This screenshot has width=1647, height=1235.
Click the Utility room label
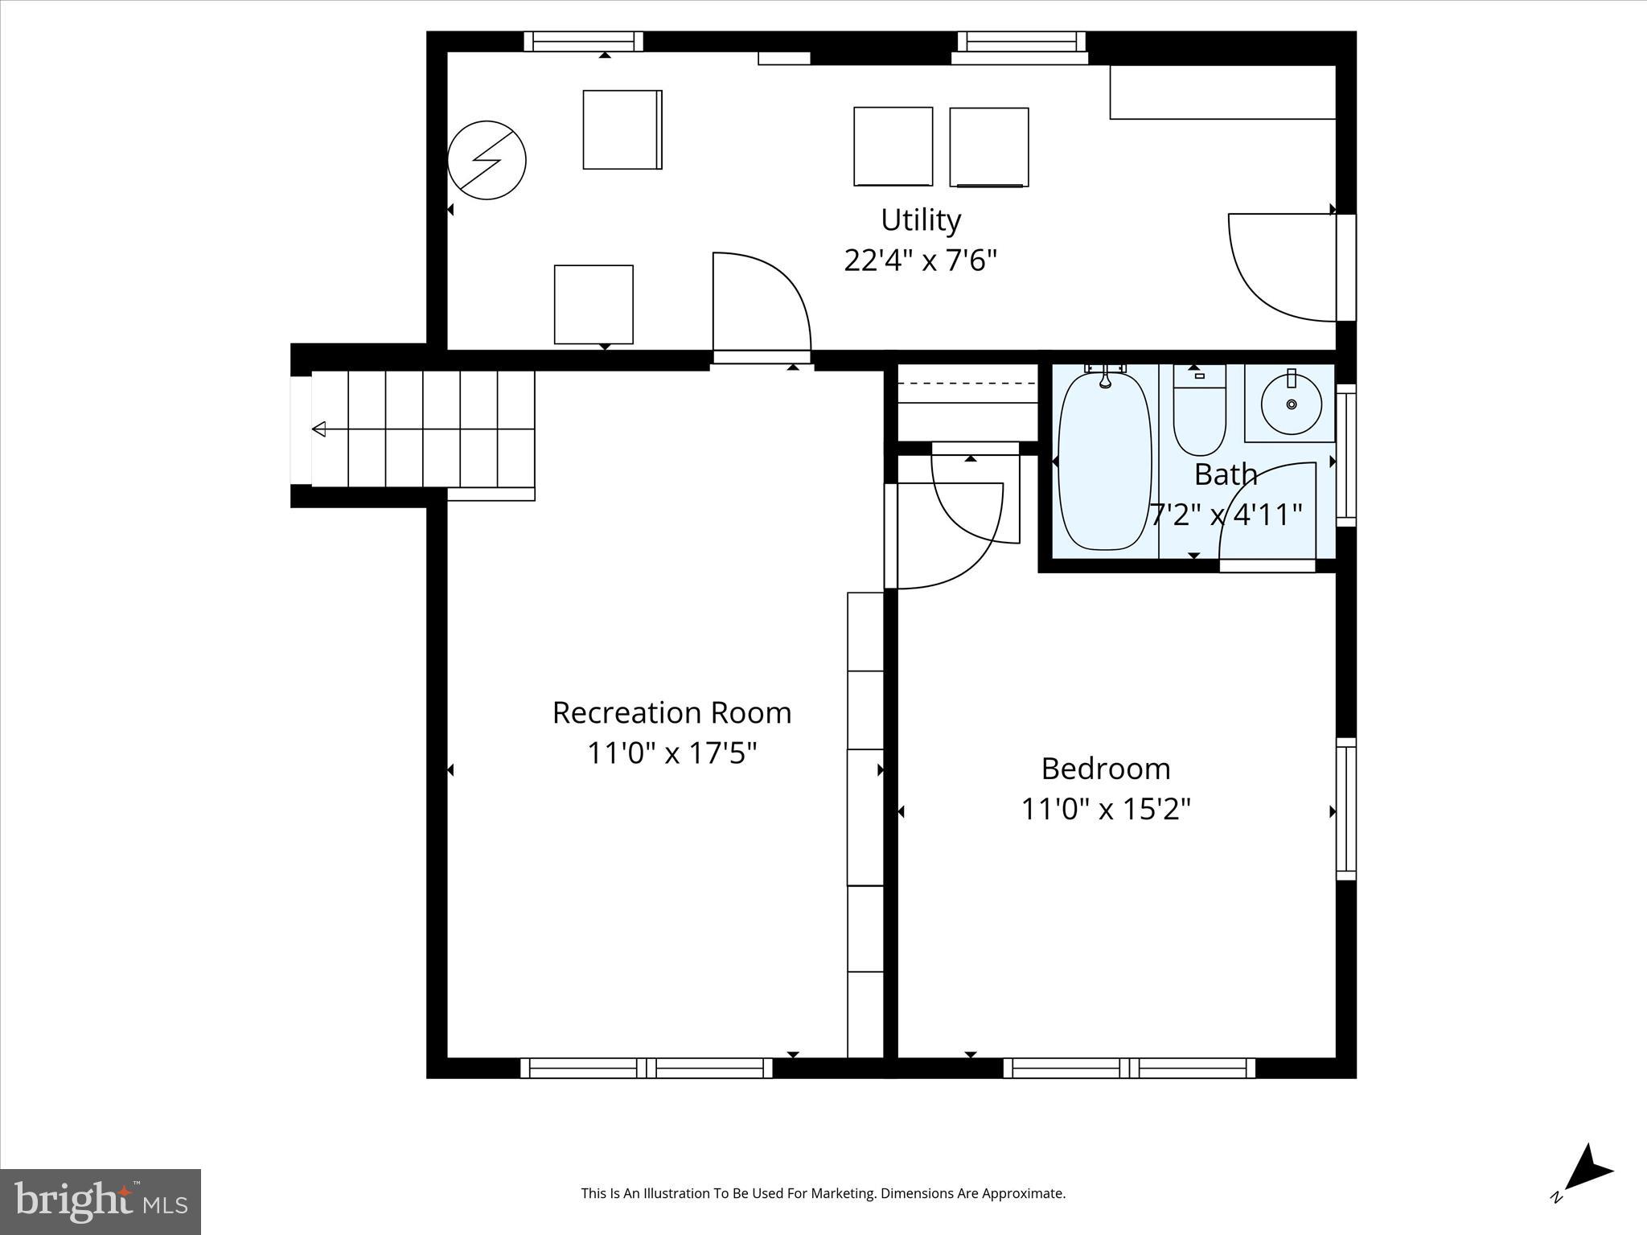tap(921, 220)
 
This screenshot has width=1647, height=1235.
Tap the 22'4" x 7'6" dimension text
tap(921, 261)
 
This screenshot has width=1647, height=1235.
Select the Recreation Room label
tap(672, 712)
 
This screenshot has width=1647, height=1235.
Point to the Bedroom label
tap(1106, 769)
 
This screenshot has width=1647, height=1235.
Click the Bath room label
tap(1226, 474)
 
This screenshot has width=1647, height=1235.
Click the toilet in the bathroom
tap(1199, 410)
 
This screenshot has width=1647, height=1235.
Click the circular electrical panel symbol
tap(487, 160)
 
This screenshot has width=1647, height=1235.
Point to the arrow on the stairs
tap(320, 429)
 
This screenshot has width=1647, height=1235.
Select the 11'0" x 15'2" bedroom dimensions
tap(1106, 809)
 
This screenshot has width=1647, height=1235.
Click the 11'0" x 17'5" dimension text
tap(672, 753)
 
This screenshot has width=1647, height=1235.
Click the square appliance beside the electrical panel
tap(622, 129)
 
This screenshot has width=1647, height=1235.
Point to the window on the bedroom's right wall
tap(1345, 809)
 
